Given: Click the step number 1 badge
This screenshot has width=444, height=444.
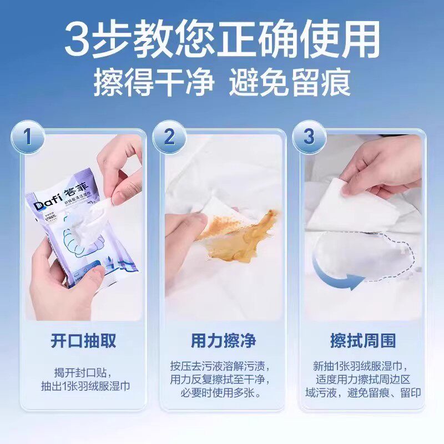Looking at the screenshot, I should [28, 137].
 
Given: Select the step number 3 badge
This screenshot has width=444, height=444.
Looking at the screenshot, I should [309, 137].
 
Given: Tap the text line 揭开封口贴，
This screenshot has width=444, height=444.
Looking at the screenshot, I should [83, 371].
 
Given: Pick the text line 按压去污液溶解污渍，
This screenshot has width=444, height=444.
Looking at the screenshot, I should [223, 366].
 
